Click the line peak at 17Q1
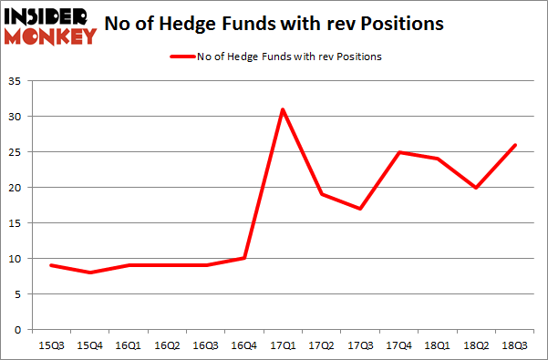284,109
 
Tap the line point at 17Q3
360,209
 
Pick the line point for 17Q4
398,152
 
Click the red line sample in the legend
181,57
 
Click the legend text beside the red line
289,57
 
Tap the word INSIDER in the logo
49,15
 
